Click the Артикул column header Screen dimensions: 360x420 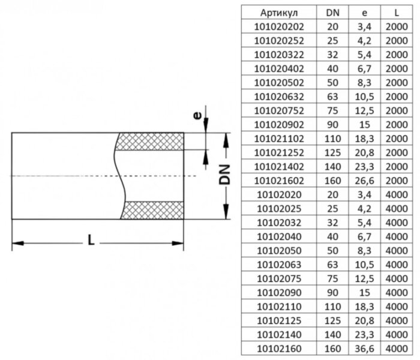(x=279, y=13)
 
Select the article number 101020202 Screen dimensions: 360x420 (x=279, y=26)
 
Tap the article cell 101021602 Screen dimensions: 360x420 (x=279, y=180)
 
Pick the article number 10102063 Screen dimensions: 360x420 (x=279, y=264)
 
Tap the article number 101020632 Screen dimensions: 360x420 (x=279, y=96)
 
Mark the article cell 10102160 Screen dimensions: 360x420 (x=279, y=348)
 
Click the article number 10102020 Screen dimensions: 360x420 (x=279, y=194)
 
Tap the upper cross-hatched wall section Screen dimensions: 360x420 (x=150, y=142)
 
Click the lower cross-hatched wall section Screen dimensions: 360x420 (x=153, y=211)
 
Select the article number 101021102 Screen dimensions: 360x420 (x=279, y=138)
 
